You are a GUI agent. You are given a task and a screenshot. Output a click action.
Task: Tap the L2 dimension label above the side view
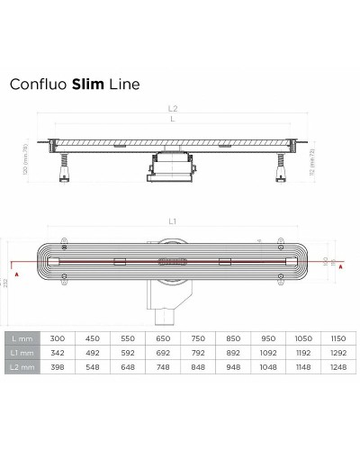(x=173, y=109)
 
